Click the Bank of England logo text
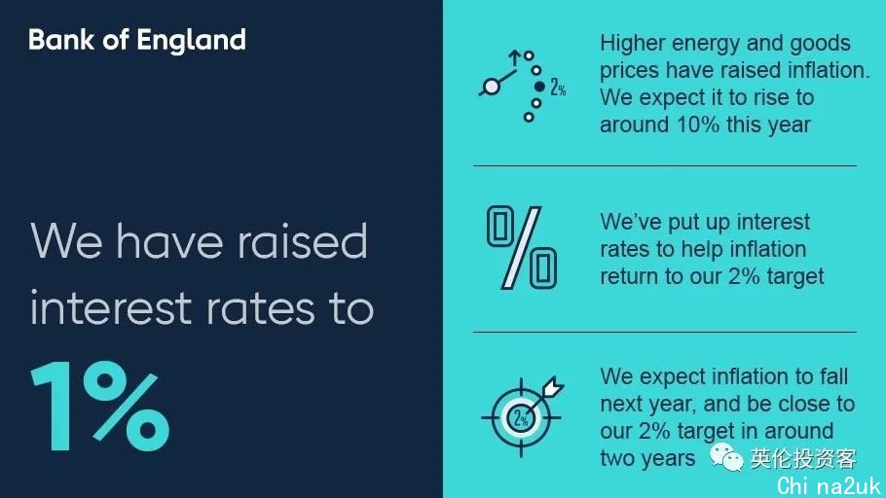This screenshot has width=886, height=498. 137,40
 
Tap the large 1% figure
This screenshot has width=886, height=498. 100,406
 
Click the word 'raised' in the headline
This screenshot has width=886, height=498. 302,241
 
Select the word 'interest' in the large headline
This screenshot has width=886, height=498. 111,307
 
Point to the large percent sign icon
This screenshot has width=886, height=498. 522,247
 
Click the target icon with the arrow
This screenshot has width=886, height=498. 522,416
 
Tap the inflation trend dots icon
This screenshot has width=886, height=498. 522,86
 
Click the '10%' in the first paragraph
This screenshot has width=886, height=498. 697,124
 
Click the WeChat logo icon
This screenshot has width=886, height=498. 726,457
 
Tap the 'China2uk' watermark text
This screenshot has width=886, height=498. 829,485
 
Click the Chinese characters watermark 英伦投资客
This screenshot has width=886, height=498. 803,458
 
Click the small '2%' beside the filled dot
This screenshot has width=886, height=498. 558,87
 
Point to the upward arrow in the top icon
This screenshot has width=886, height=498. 514,58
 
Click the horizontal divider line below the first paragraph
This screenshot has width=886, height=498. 665,166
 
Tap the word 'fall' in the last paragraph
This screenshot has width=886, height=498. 834,376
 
